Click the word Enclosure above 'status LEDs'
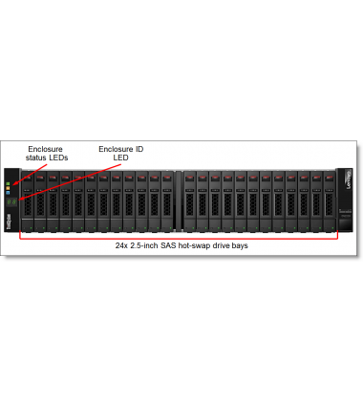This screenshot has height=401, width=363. pyautogui.click(x=45, y=149)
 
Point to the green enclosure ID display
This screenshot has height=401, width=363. pyautogui.click(x=11, y=201)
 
